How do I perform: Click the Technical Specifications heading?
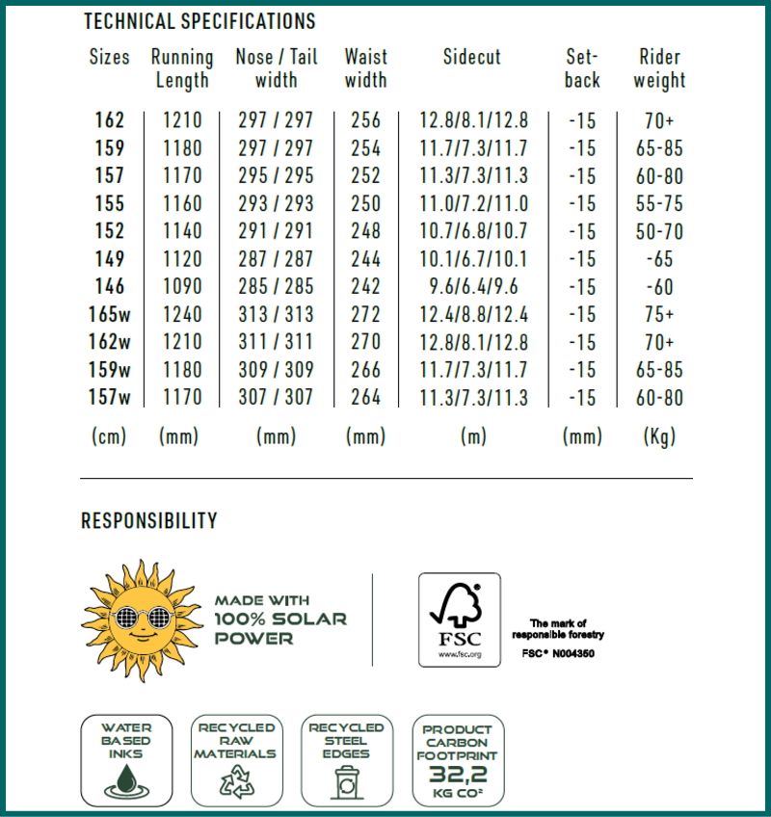point(199,20)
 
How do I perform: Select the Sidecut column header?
point(471,57)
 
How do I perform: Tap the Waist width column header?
point(365,68)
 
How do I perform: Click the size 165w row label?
point(110,314)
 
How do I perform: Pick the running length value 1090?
point(181,287)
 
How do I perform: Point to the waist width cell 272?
point(365,314)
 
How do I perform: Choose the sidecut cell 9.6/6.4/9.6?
point(473,287)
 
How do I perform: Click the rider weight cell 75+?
point(659,314)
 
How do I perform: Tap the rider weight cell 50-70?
point(659,231)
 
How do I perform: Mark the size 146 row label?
point(110,287)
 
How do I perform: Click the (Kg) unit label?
point(659,436)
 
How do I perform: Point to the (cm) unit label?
point(110,436)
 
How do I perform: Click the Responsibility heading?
point(149,521)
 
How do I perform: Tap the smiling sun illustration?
point(139,619)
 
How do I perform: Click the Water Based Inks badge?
point(126,760)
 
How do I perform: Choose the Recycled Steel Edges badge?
point(346,760)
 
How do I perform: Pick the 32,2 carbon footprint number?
point(458,773)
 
